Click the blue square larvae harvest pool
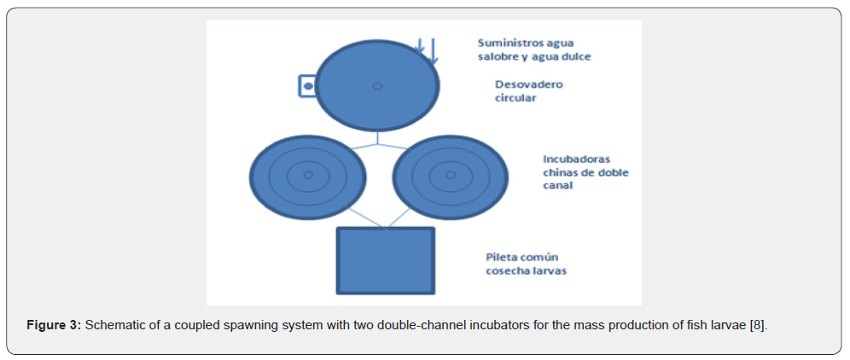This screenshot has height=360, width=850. [387, 259]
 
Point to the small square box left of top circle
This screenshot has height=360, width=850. [307, 86]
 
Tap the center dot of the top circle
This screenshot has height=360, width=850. [377, 86]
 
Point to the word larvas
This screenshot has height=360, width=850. [550, 270]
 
